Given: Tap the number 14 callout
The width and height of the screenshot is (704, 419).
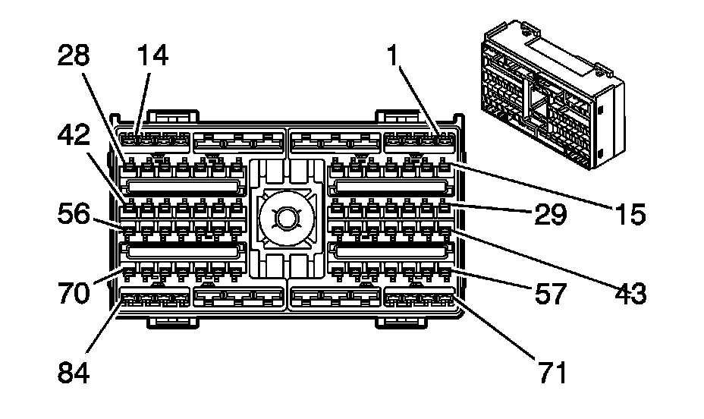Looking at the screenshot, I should [153, 56].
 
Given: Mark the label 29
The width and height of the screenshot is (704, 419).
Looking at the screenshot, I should [548, 215].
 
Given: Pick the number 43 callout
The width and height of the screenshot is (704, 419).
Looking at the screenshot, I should [629, 293].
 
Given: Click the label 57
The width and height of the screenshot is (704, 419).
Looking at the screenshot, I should [548, 293].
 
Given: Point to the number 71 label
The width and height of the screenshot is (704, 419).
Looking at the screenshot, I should [548, 372].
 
